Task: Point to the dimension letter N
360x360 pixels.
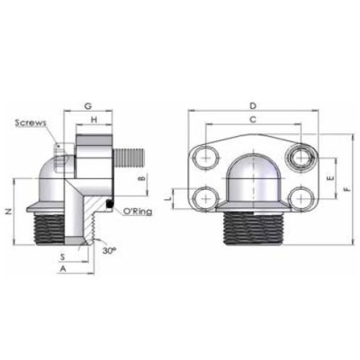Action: (9, 212)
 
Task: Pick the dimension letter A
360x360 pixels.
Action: (62, 268)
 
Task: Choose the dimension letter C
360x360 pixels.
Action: (252, 120)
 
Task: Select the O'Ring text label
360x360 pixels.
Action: (136, 211)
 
